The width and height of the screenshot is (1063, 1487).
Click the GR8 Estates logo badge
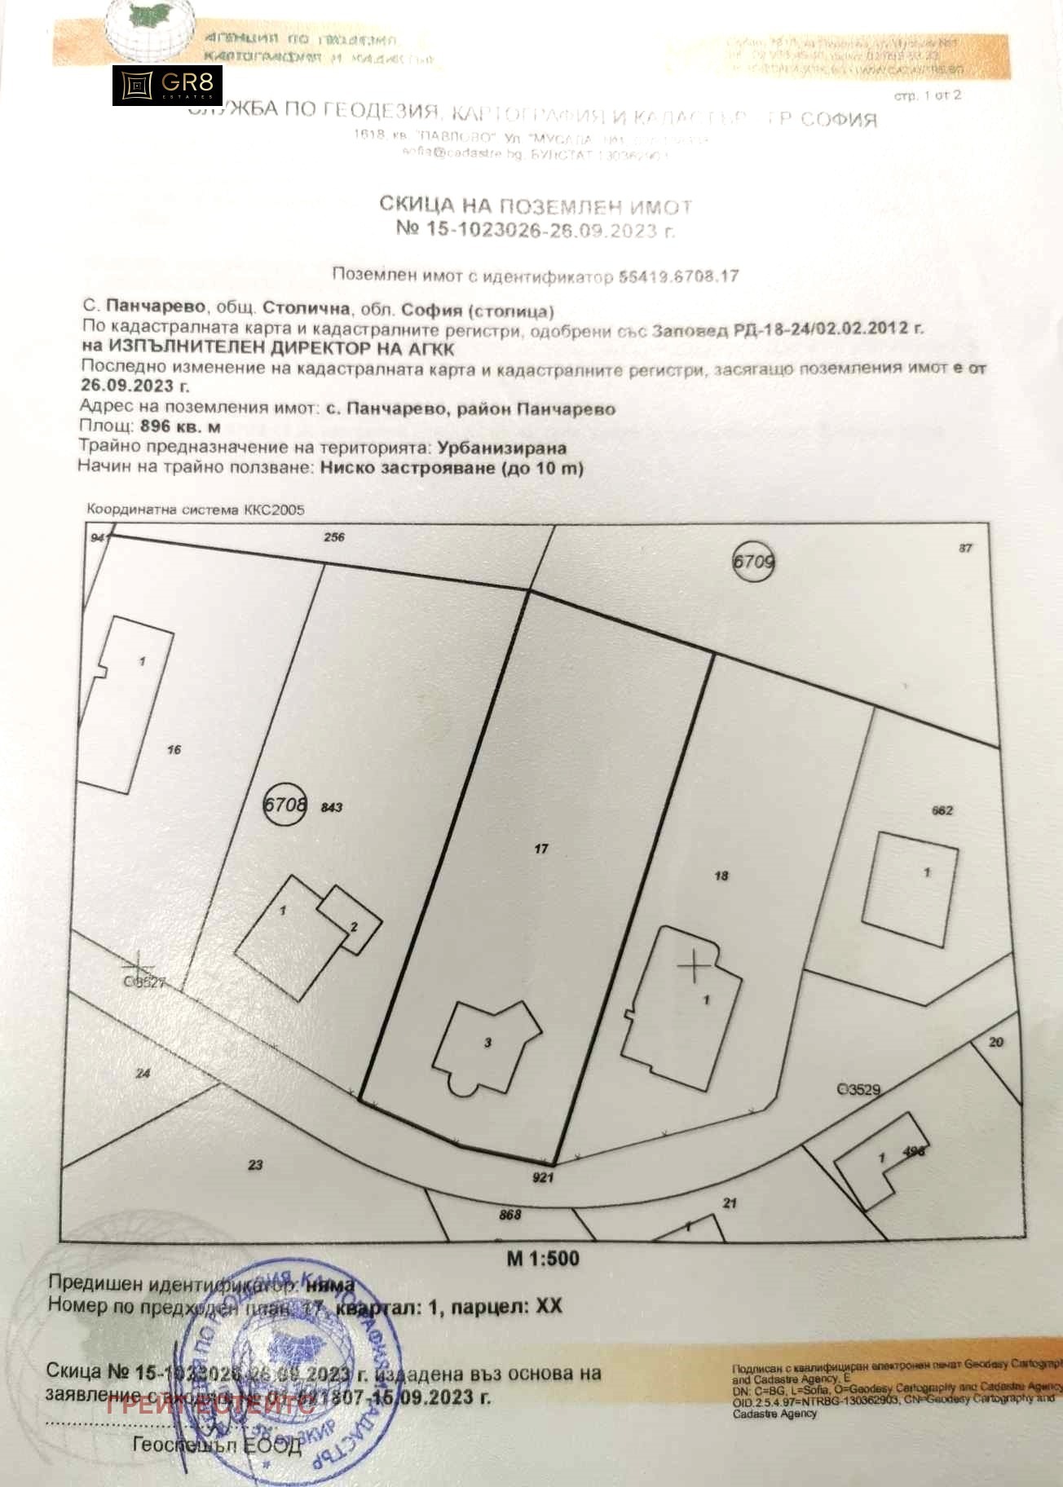pos(167,86)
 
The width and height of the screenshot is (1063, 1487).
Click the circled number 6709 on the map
pos(753,562)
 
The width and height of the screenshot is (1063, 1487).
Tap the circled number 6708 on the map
pos(284,805)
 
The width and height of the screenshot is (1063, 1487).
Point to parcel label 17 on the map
pos(541,849)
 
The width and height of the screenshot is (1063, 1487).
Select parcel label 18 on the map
pos(721,876)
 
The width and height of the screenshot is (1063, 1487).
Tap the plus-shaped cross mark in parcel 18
pos(695,967)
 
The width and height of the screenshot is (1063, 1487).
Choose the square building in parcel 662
pos(910,889)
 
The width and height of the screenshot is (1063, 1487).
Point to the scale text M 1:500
pos(543,1259)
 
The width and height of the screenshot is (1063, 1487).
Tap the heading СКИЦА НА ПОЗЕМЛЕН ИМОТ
pos(536,205)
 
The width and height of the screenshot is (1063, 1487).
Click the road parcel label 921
pos(543,1177)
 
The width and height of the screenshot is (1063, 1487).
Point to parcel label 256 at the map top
pos(334,537)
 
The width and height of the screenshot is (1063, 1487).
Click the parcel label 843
pos(332,807)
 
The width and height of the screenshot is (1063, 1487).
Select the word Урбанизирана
pos(501,448)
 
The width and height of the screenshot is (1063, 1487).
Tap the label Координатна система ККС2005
pos(196,510)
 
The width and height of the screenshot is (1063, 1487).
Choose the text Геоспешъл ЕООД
pos(218,1445)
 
